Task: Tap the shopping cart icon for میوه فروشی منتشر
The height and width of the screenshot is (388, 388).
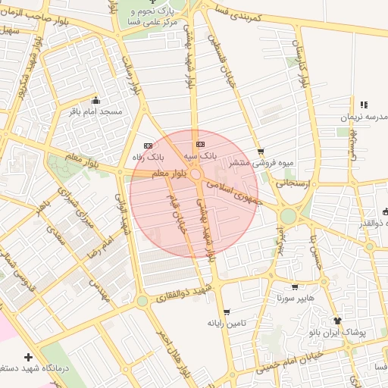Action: (261, 152)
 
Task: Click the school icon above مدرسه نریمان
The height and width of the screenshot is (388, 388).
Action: (363, 105)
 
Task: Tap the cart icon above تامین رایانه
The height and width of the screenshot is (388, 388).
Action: (227, 312)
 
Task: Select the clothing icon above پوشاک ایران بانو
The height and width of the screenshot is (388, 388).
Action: (338, 321)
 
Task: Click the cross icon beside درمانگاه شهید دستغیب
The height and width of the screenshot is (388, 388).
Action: (29, 357)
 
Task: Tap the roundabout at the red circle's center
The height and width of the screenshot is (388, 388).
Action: (196, 175)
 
